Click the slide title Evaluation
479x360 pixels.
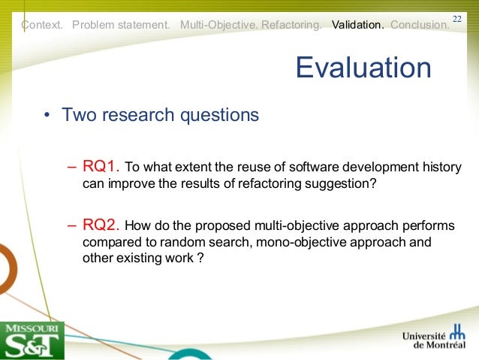click(x=363, y=68)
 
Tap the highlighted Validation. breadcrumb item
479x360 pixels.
click(x=358, y=25)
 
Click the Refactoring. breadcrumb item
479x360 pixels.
click(x=292, y=25)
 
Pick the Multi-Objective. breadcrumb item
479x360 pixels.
click(x=218, y=25)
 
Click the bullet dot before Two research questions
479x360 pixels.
click(x=47, y=116)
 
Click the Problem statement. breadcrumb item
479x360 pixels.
click(x=121, y=25)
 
